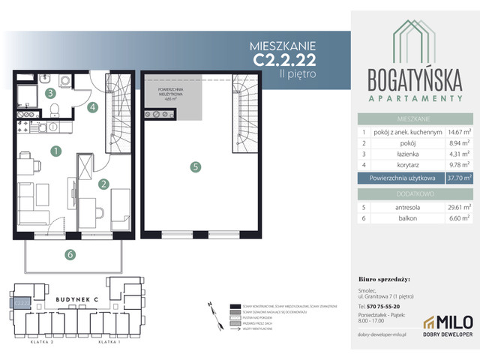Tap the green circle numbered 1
(x=55, y=151)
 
